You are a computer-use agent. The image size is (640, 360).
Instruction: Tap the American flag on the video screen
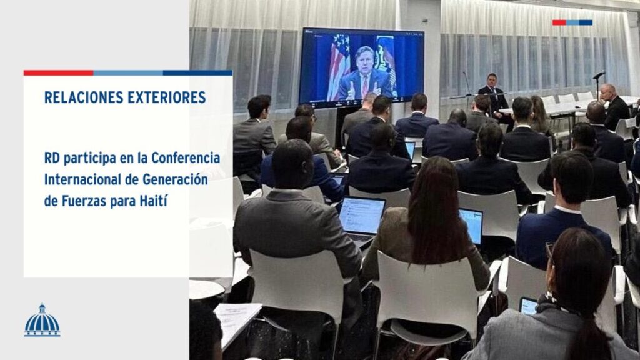(339, 65)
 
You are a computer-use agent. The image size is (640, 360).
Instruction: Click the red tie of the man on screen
(364, 86)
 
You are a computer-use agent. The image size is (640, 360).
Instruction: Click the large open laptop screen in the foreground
(361, 216)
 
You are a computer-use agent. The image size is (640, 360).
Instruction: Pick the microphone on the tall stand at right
(599, 76)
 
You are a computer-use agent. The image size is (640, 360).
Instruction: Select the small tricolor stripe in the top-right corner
(572, 22)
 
